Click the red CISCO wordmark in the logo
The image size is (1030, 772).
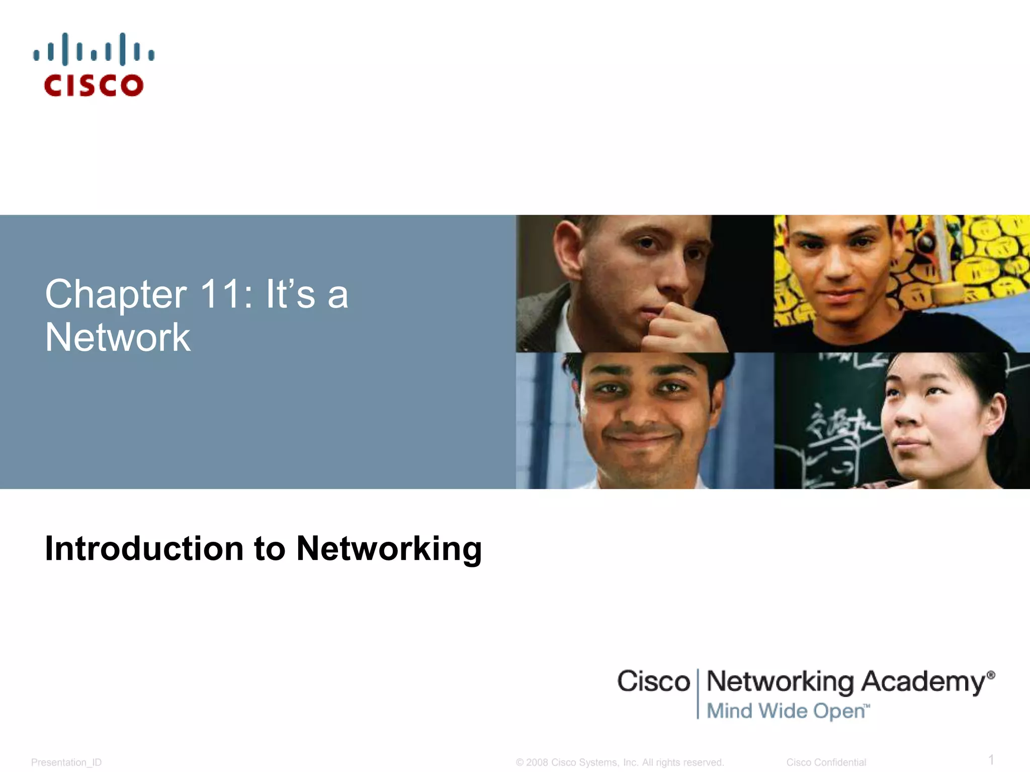[94, 85]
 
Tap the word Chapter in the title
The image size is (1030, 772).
[116, 295]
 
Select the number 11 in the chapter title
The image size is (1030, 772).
[220, 295]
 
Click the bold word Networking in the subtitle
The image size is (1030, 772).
[389, 549]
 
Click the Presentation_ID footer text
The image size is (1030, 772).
[66, 762]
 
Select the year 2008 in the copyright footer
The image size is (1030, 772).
[537, 762]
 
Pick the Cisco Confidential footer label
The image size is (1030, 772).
[826, 762]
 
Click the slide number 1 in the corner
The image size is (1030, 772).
[991, 759]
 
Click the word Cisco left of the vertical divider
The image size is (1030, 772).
[653, 682]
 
